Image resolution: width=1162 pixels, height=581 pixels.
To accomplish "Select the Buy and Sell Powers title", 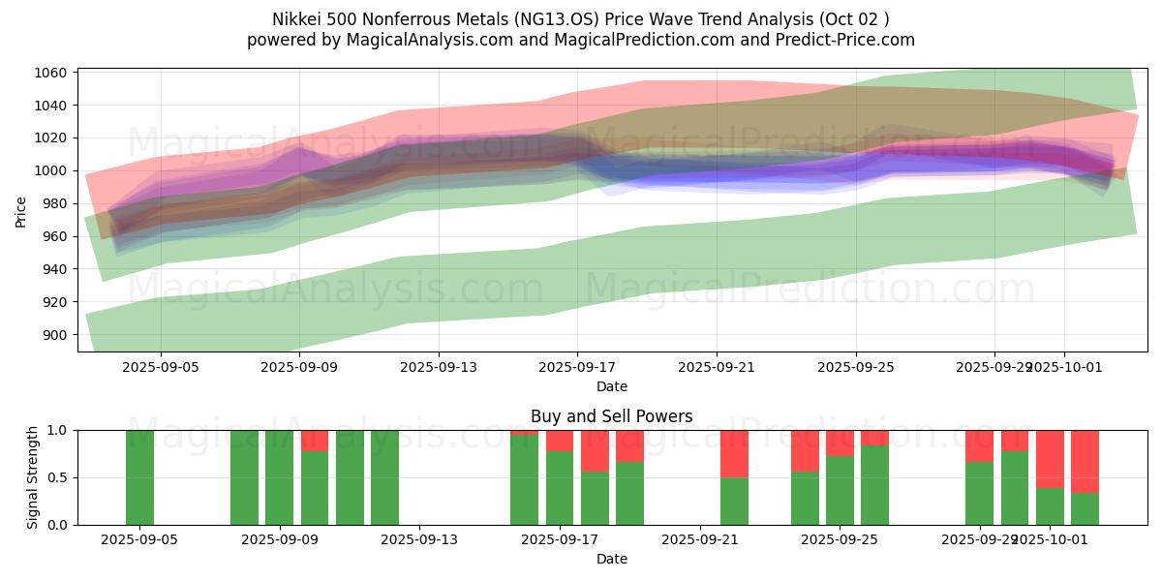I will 611,417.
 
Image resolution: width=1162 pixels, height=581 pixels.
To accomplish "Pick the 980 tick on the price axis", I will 54,203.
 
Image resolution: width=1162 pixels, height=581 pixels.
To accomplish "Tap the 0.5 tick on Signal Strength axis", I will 58,477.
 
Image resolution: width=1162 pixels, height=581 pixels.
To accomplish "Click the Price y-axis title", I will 21,210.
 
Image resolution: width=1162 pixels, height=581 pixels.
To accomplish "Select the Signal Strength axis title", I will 33,477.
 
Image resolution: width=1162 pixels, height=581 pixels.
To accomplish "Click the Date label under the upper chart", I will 611,386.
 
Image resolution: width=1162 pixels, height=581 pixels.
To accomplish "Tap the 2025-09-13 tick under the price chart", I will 439,367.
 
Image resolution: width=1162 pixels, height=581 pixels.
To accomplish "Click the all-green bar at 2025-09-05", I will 139,477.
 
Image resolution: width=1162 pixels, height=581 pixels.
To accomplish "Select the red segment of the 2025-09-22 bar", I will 734,453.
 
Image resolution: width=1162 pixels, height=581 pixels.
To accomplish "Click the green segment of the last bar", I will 1085,508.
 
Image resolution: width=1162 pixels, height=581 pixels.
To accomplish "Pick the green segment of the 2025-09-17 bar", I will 560,488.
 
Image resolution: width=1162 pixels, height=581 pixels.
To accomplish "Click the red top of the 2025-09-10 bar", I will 315,441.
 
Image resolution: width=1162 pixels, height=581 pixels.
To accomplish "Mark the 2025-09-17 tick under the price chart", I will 577,367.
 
